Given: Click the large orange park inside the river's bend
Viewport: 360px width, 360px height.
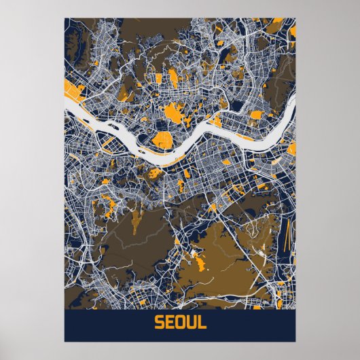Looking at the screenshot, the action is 162,141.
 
